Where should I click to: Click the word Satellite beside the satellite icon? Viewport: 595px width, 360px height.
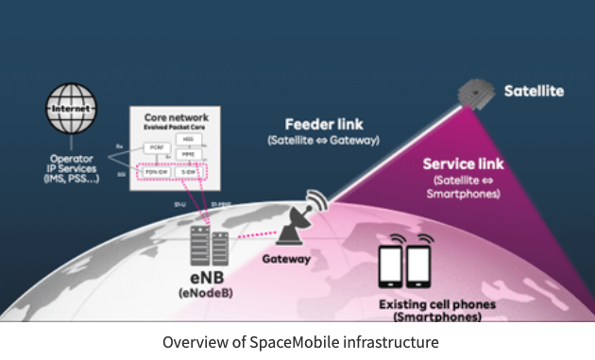tap(534, 92)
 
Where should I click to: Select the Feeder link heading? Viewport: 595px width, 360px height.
tap(324, 125)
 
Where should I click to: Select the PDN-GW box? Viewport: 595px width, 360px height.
tap(156, 173)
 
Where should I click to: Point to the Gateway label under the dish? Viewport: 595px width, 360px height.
tap(287, 258)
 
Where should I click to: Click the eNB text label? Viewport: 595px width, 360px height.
tap(200, 280)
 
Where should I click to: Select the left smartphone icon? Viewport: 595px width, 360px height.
tap(391, 267)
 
